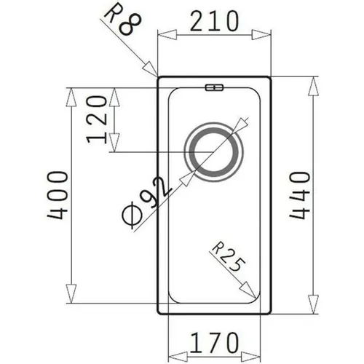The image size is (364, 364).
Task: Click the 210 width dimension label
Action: pos(214,21)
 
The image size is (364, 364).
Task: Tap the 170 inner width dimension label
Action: pos(214,342)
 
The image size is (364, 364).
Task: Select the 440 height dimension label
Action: pos(300,195)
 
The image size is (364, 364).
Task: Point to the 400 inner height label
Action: pos(58,195)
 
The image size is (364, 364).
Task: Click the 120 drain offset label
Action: pos(97,119)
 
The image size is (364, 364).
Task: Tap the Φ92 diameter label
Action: pos(147,202)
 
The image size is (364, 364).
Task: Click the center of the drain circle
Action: pos(213,152)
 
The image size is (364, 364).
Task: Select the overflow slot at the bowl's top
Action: pos(214,87)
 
